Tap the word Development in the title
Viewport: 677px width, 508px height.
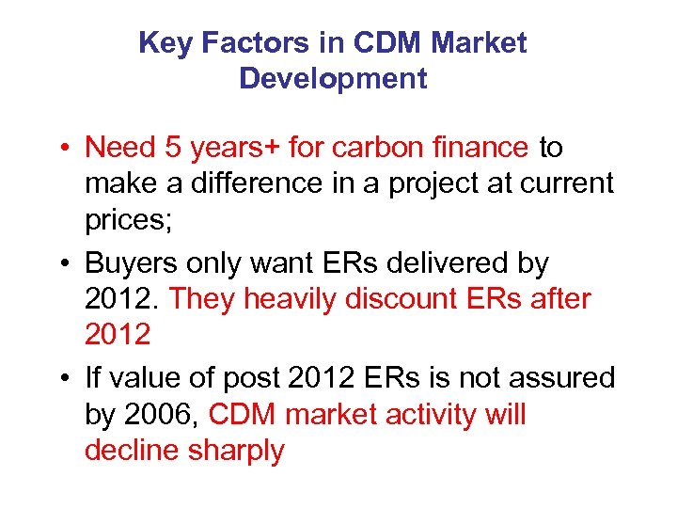pyautogui.click(x=333, y=78)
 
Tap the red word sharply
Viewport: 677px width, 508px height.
pyautogui.click(x=236, y=451)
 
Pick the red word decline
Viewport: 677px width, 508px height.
pyautogui.click(x=132, y=451)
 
